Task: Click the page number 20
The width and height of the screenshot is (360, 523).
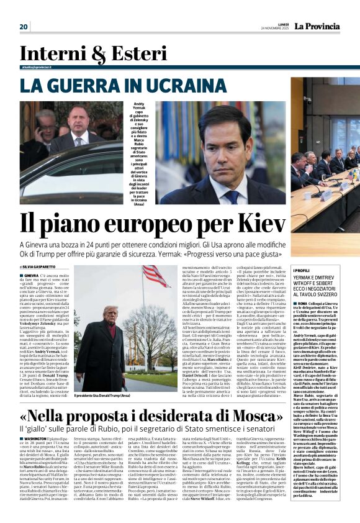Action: click(24, 27)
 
